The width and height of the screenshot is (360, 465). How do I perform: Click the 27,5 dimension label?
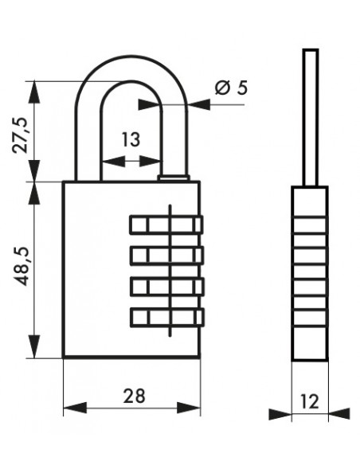(x=20, y=135)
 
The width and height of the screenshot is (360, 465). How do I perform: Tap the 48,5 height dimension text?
(x=22, y=266)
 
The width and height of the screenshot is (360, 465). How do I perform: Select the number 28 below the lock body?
(x=135, y=396)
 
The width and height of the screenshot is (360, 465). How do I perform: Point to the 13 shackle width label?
(x=131, y=139)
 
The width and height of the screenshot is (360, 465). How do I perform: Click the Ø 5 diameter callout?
(x=231, y=88)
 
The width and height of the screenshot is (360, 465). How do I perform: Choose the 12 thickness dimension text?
(x=310, y=401)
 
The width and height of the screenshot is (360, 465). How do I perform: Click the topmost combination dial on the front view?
(x=166, y=225)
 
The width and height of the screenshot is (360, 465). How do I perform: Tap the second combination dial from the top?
(x=167, y=256)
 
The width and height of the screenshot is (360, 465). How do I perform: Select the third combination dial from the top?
(x=167, y=286)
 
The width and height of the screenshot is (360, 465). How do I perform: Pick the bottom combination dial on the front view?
(x=167, y=318)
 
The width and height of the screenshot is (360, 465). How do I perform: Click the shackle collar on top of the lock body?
(x=174, y=178)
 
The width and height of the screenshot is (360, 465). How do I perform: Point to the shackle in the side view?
(x=311, y=118)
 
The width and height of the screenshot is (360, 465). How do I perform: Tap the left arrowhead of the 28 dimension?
(x=76, y=408)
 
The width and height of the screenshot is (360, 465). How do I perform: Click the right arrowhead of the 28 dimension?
(x=189, y=408)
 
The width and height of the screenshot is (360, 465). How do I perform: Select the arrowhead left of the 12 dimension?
(x=280, y=414)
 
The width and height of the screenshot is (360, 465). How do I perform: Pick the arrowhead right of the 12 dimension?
(x=339, y=414)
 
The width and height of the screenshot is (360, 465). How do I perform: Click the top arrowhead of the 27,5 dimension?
(x=34, y=92)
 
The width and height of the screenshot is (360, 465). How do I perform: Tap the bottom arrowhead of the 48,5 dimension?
(x=34, y=346)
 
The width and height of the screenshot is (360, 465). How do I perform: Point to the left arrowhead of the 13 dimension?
(x=113, y=162)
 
